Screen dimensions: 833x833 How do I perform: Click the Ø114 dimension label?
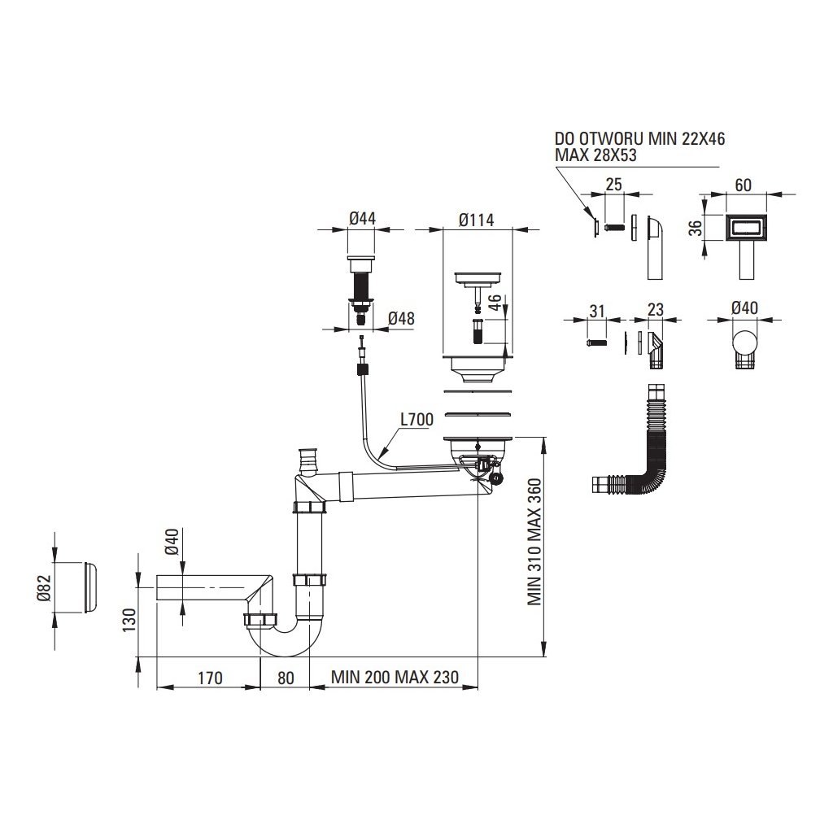(477, 219)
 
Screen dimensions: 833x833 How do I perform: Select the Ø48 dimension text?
(400, 319)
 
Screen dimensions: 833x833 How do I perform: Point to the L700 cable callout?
(416, 420)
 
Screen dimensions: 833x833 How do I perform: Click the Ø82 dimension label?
(46, 587)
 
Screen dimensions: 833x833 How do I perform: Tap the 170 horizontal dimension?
(208, 678)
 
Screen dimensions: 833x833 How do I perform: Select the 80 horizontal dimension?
(285, 678)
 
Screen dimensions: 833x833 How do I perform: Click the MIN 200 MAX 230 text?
(395, 678)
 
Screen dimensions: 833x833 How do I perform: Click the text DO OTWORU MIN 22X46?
(639, 139)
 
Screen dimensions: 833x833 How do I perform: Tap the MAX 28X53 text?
(595, 155)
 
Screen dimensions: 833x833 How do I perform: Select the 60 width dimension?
(743, 185)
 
